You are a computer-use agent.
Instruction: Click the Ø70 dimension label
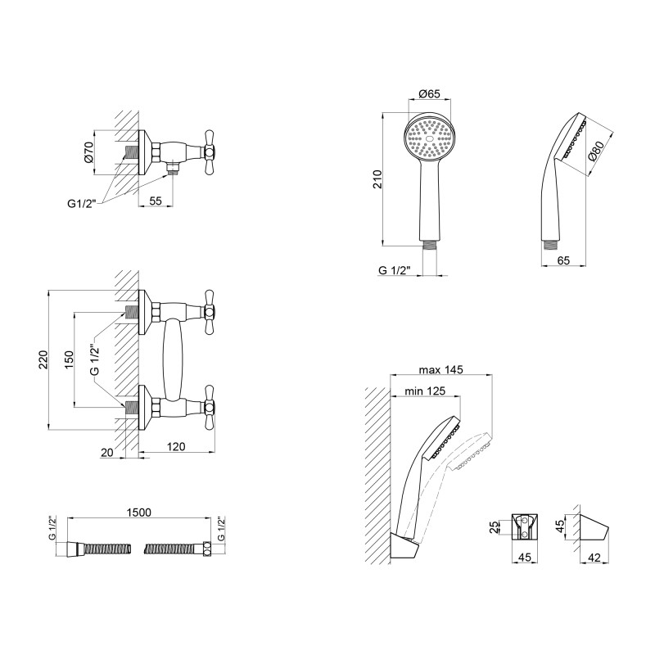click(88, 152)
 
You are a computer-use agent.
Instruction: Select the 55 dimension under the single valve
click(156, 199)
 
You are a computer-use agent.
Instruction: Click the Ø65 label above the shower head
click(429, 95)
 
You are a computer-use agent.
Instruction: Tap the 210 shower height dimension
click(377, 178)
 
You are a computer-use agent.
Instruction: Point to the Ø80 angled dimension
click(597, 152)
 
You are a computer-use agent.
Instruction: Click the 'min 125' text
click(425, 391)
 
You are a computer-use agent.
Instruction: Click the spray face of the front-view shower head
click(429, 137)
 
